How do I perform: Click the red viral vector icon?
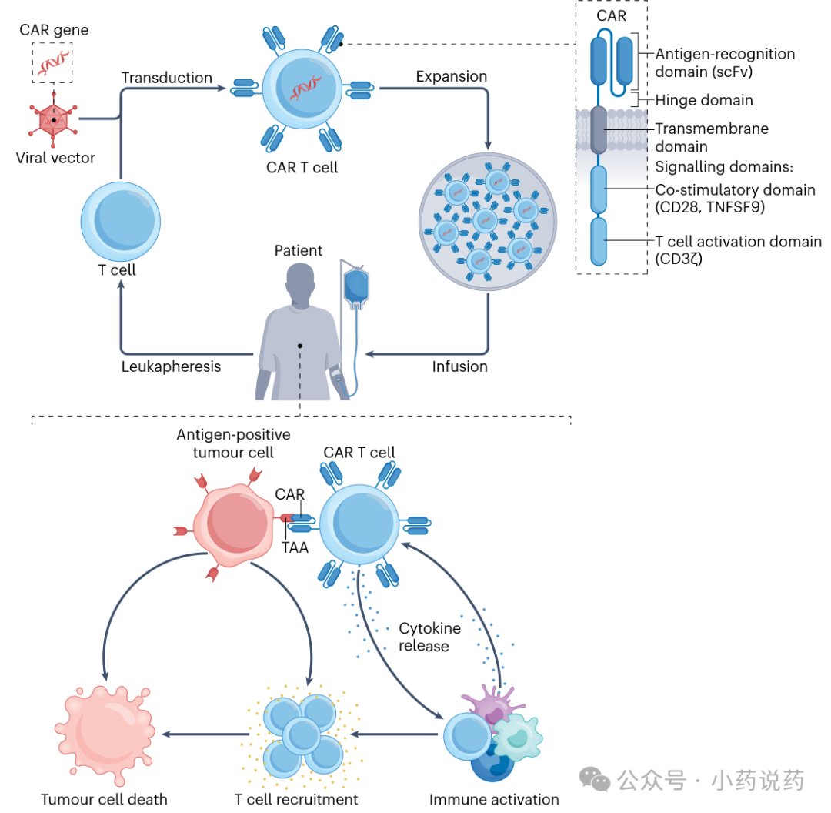click(x=54, y=119)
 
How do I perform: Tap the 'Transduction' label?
click(x=167, y=78)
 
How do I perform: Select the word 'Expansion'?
click(x=452, y=76)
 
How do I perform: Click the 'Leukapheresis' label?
click(x=171, y=366)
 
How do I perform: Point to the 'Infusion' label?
click(x=459, y=366)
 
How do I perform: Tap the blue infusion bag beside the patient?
click(x=357, y=287)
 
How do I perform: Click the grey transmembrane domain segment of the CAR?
click(x=599, y=130)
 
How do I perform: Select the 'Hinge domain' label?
click(x=704, y=100)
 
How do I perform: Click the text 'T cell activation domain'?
click(x=738, y=241)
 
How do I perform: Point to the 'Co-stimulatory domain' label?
click(x=735, y=190)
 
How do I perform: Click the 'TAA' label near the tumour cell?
click(x=295, y=547)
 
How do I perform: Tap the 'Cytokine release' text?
click(x=430, y=637)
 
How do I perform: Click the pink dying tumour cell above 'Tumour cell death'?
click(x=105, y=734)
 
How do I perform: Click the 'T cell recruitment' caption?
click(x=296, y=799)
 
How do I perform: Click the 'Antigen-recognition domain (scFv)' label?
click(x=725, y=62)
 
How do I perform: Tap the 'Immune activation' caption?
click(x=494, y=799)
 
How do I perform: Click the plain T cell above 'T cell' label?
click(x=121, y=221)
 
